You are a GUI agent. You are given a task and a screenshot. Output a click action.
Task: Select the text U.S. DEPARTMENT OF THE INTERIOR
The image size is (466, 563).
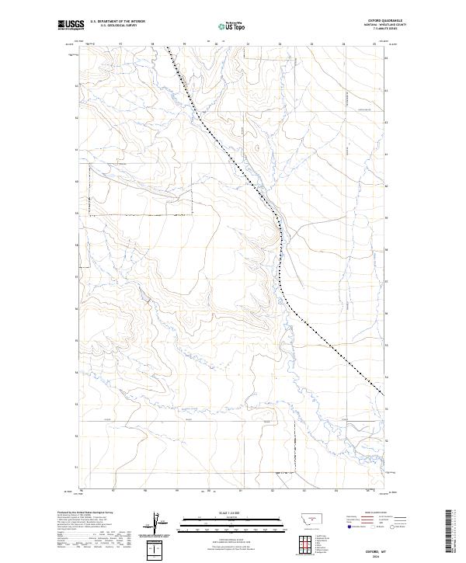[117, 22]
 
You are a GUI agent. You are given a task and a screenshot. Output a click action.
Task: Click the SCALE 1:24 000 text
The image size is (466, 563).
[232, 513]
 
